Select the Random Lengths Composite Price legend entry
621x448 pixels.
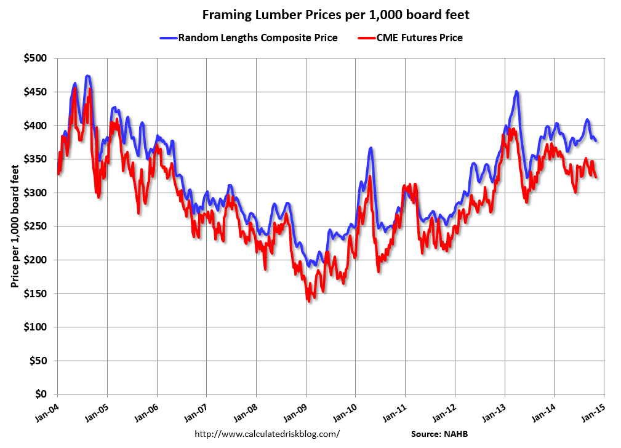pos(257,38)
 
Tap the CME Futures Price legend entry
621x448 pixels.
pos(419,38)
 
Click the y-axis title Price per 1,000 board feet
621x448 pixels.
pos(14,226)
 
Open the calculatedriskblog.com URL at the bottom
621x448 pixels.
pos(267,434)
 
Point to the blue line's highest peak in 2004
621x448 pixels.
pos(88,76)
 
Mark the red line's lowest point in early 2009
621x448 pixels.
pos(308,300)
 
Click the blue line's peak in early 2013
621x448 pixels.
pos(516,92)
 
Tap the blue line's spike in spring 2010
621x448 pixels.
pos(371,148)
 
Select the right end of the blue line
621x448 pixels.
pos(596,141)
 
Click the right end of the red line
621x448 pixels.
pos(596,177)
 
